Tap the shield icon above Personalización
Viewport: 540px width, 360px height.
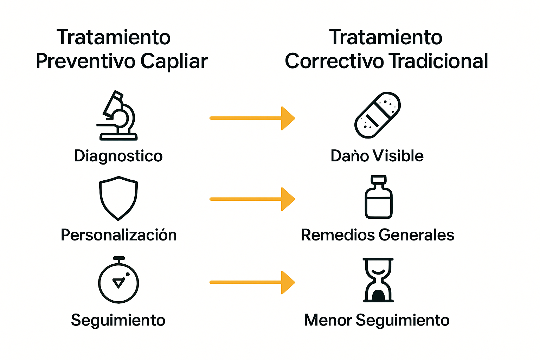[x=118, y=198]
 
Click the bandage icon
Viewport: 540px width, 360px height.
[x=378, y=115]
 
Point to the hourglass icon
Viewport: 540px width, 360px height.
[x=378, y=280]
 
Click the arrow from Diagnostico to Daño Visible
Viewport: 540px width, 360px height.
[x=252, y=118]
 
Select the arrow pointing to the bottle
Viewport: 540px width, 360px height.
[x=252, y=199]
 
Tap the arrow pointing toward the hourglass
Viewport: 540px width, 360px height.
[x=252, y=282]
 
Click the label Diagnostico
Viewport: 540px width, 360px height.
[x=118, y=156]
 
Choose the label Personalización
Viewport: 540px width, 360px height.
[x=118, y=235]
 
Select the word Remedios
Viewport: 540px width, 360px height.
[x=338, y=235]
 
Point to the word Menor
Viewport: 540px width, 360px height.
[x=328, y=320]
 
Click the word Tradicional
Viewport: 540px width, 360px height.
[x=438, y=61]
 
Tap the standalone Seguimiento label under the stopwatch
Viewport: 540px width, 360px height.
[x=118, y=320]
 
